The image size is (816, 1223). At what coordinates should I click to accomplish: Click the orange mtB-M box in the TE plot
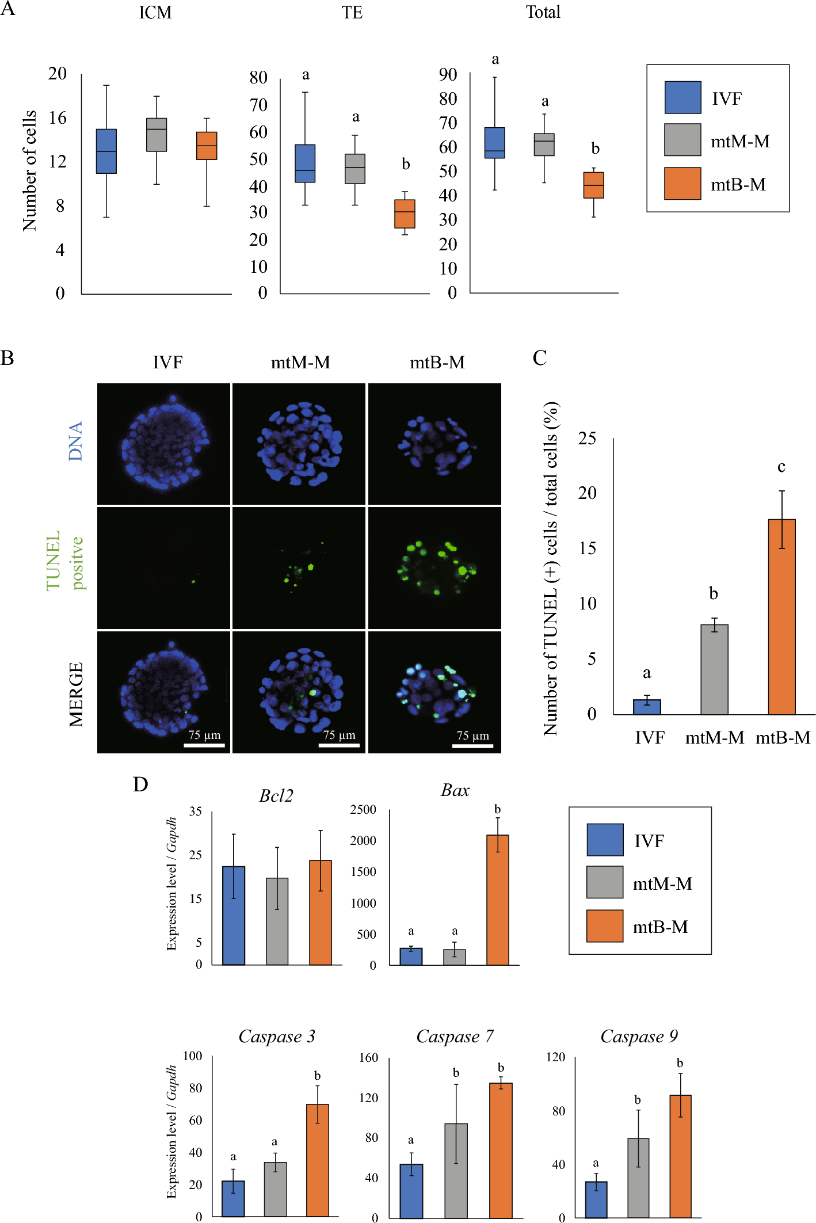coord(405,214)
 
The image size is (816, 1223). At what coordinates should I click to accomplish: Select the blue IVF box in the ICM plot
coord(106,151)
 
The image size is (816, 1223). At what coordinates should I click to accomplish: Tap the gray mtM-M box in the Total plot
coord(544,144)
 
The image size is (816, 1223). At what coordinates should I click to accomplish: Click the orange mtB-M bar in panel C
coord(781,617)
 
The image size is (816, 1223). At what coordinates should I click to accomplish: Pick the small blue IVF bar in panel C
coord(647,707)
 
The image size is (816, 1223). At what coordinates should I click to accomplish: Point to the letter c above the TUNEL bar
coord(781,467)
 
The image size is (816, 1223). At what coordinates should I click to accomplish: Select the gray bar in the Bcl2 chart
coord(277,921)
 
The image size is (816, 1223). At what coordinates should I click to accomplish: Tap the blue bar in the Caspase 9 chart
coord(596,1199)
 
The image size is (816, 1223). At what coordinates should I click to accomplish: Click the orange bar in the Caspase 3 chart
coord(317,1160)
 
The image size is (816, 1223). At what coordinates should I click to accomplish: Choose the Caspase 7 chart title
coord(455,1037)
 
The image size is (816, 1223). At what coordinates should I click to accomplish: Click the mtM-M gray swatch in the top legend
coord(682,140)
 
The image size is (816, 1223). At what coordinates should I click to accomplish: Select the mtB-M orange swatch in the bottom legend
coord(604,926)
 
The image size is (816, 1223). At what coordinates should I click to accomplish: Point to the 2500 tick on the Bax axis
coord(363,810)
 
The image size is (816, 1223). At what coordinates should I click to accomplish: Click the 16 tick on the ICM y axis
coord(58,118)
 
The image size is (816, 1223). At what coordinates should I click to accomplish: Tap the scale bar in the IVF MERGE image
coord(204,745)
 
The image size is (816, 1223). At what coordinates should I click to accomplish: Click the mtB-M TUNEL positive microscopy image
coord(434,568)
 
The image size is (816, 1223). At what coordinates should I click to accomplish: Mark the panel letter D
coord(140,784)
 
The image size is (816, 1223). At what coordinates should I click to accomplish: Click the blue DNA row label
coord(75,441)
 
